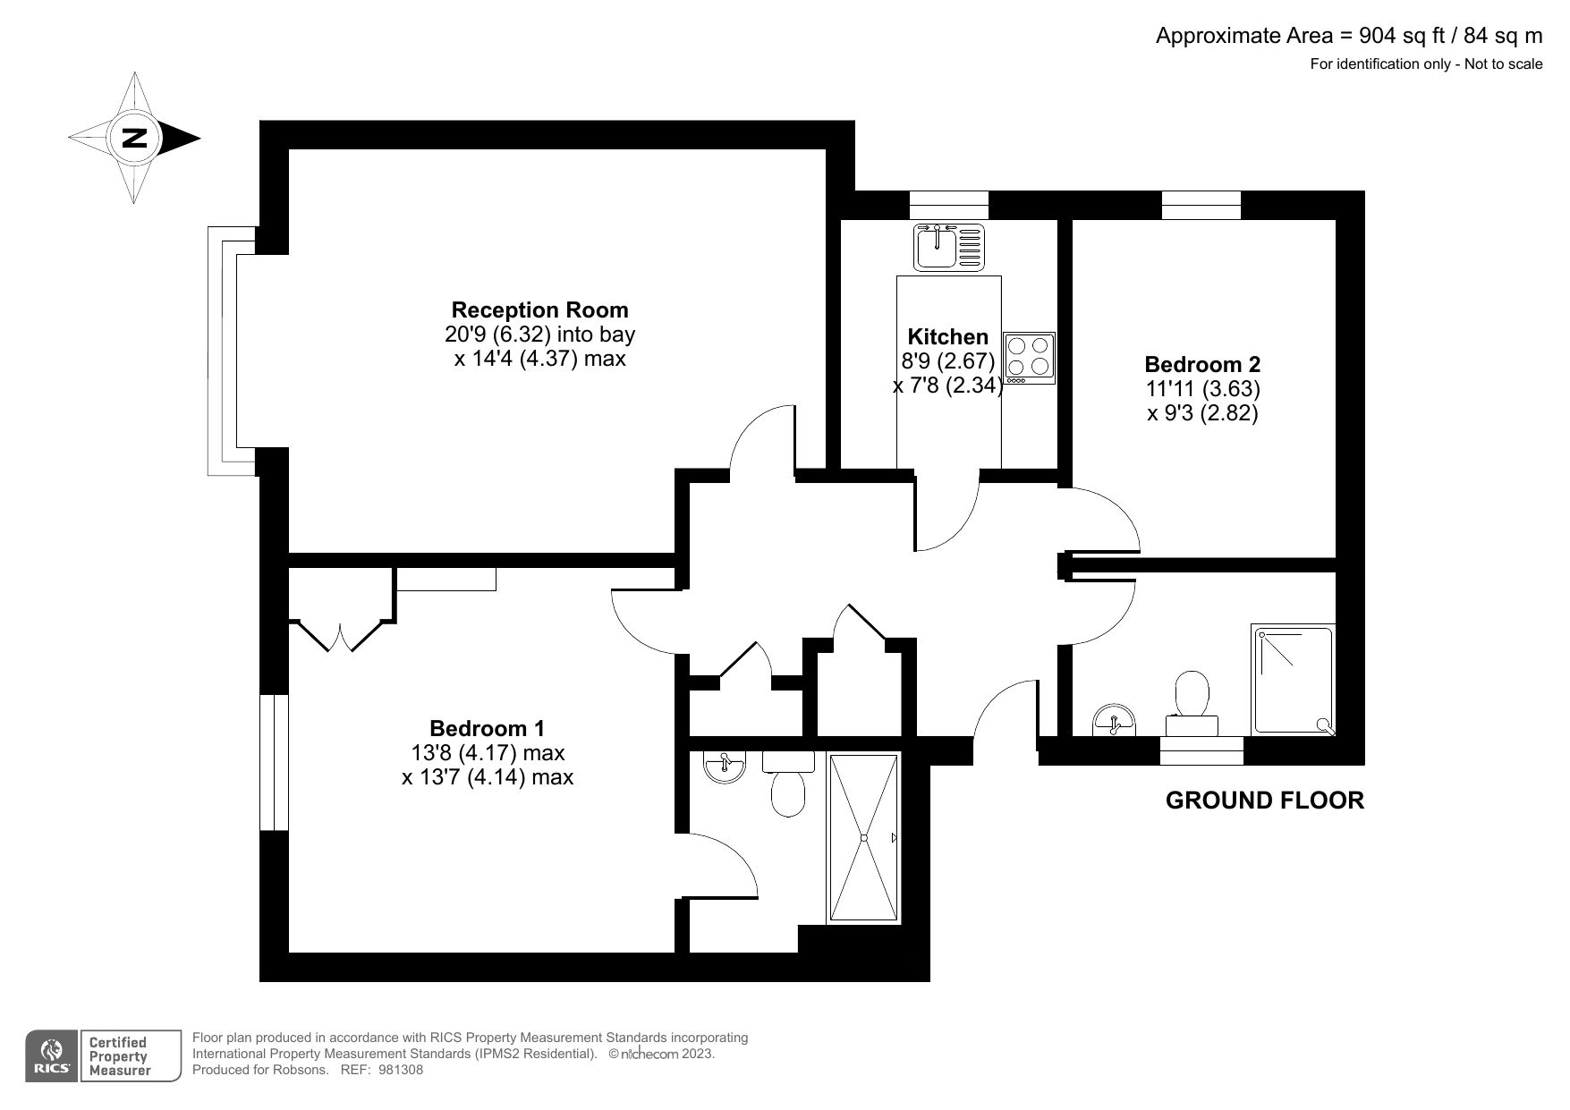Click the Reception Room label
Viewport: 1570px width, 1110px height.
[539, 310]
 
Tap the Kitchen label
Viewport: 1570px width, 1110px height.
[948, 337]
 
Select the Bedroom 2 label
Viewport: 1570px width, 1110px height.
[1202, 365]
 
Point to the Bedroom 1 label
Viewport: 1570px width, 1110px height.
[487, 729]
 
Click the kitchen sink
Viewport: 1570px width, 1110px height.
[949, 247]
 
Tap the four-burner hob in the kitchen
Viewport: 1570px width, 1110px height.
[1030, 359]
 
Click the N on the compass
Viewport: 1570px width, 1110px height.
[134, 138]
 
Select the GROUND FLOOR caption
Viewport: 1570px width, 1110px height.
[1265, 801]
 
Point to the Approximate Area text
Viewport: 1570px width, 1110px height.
[1349, 36]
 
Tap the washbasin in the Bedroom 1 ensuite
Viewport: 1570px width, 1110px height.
[724, 767]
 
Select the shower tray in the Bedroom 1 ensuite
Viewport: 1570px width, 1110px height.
[864, 838]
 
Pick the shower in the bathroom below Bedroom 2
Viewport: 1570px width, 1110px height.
[1294, 680]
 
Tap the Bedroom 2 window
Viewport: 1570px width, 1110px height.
[1201, 205]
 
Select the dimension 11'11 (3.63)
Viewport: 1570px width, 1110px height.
[1202, 389]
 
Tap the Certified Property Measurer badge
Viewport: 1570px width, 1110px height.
[116, 1056]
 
